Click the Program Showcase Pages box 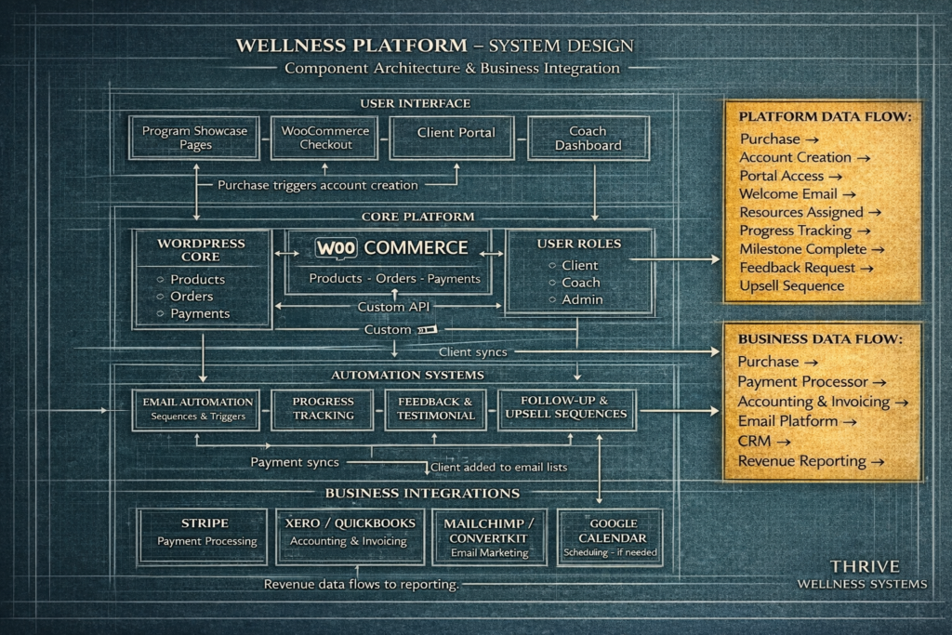[195, 139]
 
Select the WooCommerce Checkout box [325, 139]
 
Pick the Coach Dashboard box [588, 139]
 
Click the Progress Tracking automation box [324, 408]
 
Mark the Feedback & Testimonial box [436, 408]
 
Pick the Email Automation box [198, 408]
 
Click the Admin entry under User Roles [582, 299]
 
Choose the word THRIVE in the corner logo [865, 566]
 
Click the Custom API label [393, 307]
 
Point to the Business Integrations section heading [421, 493]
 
